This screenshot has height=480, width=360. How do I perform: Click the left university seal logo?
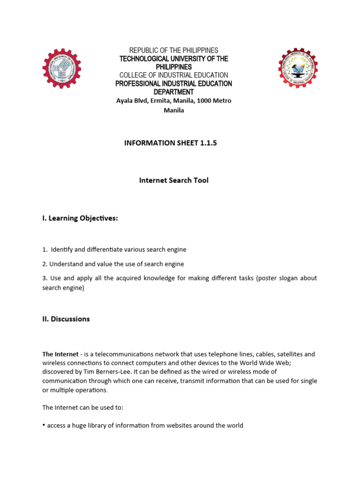tap(61, 68)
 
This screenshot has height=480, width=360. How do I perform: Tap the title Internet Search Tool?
tap(173, 180)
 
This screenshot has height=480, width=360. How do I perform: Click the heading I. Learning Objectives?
tap(80, 218)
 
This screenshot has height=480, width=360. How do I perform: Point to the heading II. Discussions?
tap(66, 319)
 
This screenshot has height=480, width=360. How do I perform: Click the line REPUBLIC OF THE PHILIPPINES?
tap(174, 50)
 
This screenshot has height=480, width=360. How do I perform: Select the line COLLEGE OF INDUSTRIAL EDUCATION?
tap(174, 75)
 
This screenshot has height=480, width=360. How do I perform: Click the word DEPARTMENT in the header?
tap(174, 92)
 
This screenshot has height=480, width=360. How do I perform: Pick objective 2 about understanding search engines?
tap(113, 264)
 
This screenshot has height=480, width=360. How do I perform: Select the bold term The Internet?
tap(60, 354)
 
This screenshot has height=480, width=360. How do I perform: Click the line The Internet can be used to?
tap(82, 407)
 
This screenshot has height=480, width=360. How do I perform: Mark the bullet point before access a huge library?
tap(44, 425)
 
